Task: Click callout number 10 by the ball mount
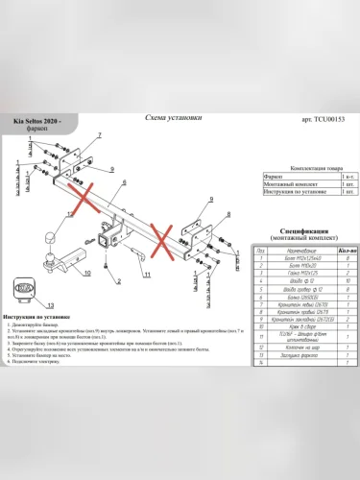click(x=88, y=273)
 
